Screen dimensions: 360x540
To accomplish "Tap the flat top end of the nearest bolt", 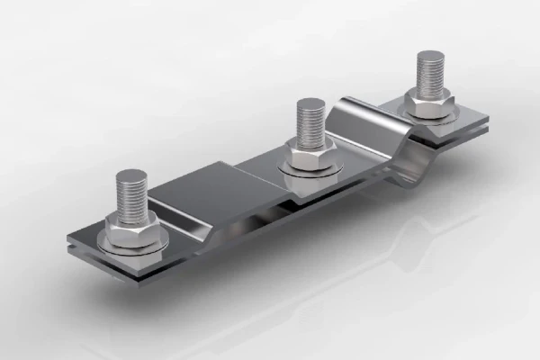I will (x=132, y=174).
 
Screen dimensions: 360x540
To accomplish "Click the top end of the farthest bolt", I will (x=430, y=57).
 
